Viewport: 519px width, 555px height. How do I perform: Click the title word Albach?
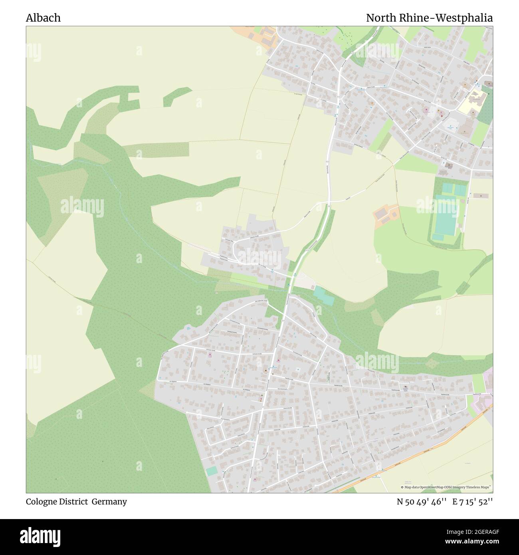click(43, 18)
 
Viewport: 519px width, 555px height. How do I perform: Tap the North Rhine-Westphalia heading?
click(429, 18)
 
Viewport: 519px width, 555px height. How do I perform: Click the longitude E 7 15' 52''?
click(473, 501)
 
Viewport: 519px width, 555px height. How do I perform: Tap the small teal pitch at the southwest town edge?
click(212, 471)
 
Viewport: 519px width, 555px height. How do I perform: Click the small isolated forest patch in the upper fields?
click(176, 96)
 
